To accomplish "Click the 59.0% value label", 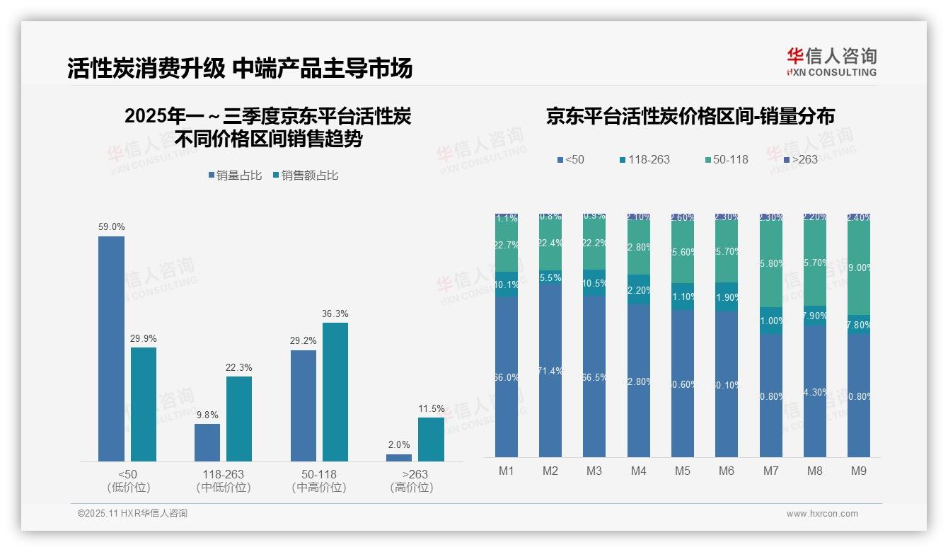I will pos(111,227).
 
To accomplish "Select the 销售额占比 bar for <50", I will pos(143,404).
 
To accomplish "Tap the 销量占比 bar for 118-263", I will pos(207,442).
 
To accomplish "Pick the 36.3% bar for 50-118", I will pos(335,392).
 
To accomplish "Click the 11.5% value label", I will pos(431,408).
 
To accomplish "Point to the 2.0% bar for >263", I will pos(399,457).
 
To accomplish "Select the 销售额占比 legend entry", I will pos(305,176).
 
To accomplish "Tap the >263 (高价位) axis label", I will pos(411,481).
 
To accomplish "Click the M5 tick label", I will pos(682,471).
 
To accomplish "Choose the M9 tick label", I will pos(858,471).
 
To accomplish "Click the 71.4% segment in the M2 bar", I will pos(550,370).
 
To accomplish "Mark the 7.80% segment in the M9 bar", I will pos(858,325).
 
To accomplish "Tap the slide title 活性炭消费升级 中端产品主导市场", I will pos(240,68).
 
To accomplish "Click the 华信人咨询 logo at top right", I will pos(831,62).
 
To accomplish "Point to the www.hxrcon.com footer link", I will pos(822,514).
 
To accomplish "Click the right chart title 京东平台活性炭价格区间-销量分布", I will pos(690,116).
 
